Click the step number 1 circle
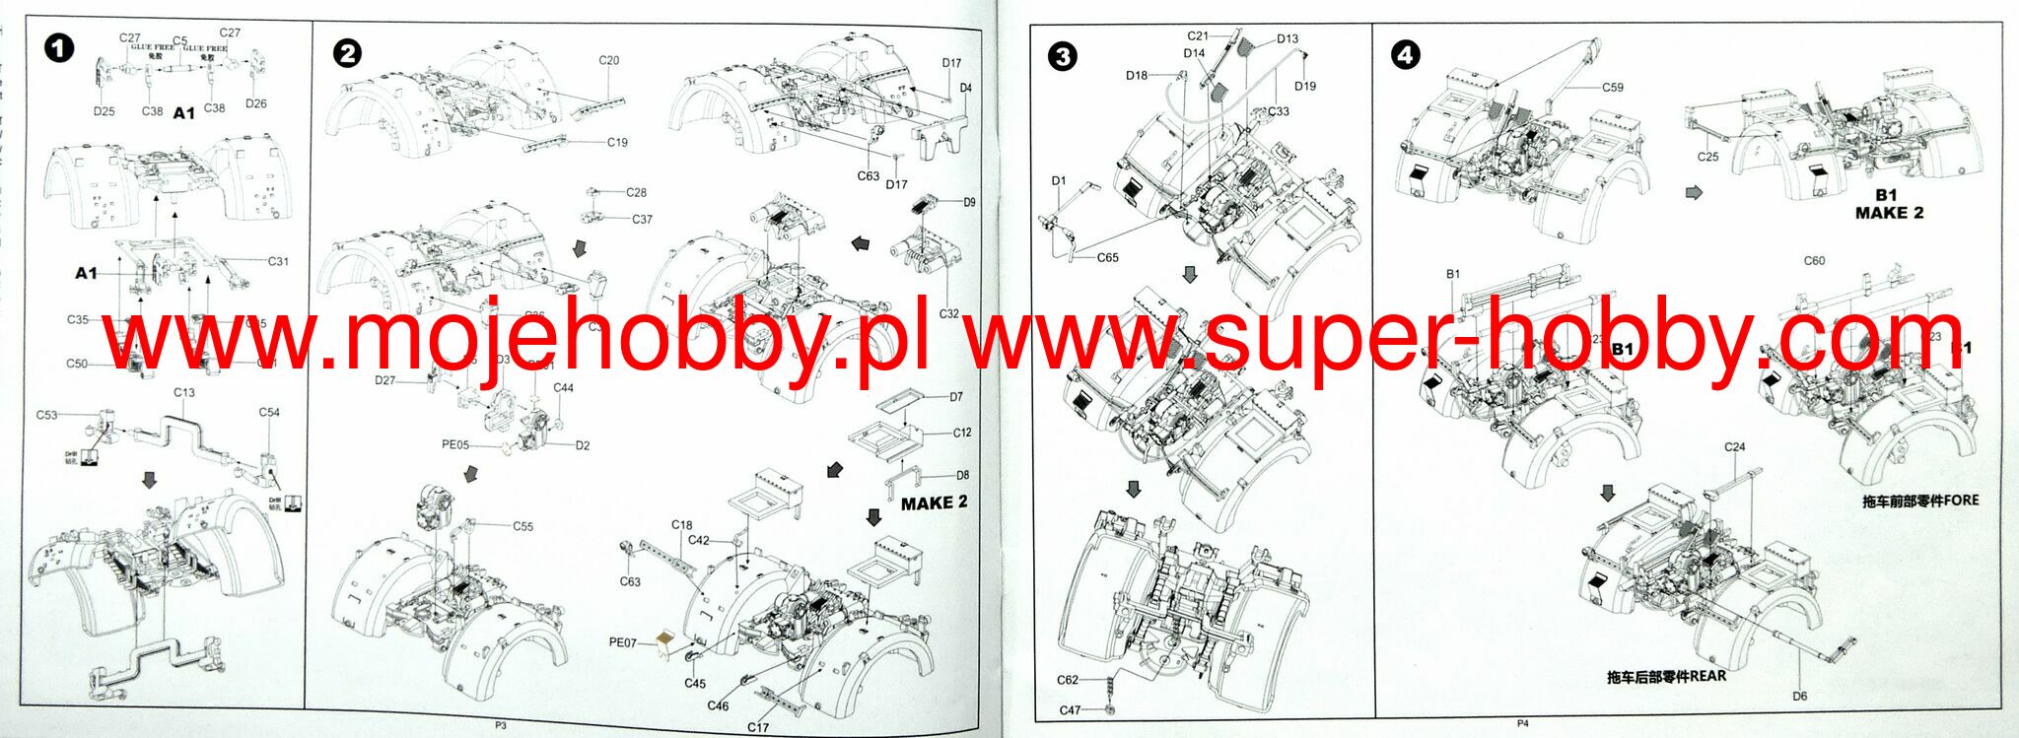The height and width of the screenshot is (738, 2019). pyautogui.click(x=59, y=46)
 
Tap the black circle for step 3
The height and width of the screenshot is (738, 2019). pyautogui.click(x=1062, y=56)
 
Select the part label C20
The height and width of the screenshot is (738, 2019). pyautogui.click(x=608, y=60)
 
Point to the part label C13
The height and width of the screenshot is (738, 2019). pyautogui.click(x=183, y=392)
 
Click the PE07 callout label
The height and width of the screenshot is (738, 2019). pyautogui.click(x=623, y=642)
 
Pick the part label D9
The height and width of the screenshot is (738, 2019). pyautogui.click(x=969, y=202)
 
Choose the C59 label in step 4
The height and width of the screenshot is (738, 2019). pyautogui.click(x=1612, y=88)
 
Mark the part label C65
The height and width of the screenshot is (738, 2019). pyautogui.click(x=1107, y=258)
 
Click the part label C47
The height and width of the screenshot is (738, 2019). pyautogui.click(x=1070, y=709)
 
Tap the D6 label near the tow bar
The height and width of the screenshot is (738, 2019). pyautogui.click(x=1799, y=696)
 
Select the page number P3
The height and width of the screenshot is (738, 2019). pyautogui.click(x=500, y=725)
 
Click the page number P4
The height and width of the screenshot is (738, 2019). pyautogui.click(x=1522, y=723)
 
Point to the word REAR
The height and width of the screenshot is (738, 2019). pyautogui.click(x=1708, y=676)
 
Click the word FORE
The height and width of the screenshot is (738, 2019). pyautogui.click(x=1961, y=500)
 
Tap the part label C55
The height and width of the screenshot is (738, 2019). pyautogui.click(x=522, y=526)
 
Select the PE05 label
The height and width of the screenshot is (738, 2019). pyautogui.click(x=455, y=445)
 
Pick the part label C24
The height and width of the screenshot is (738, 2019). pyautogui.click(x=1734, y=446)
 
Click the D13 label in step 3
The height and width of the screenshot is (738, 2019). pyautogui.click(x=1287, y=39)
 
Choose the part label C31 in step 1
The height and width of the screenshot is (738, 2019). pyautogui.click(x=278, y=261)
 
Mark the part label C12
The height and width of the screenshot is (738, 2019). pyautogui.click(x=961, y=433)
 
